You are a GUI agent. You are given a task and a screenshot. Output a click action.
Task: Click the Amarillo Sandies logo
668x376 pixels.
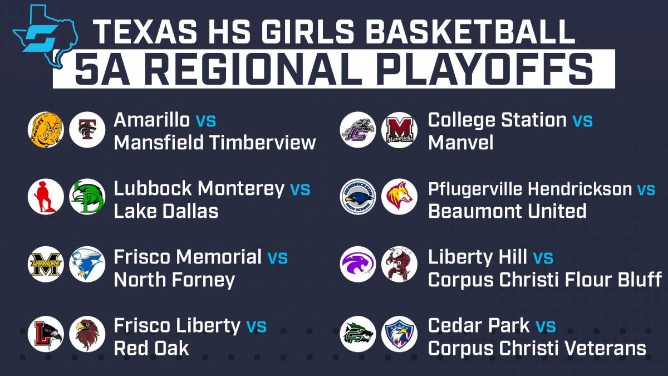(x=46, y=130)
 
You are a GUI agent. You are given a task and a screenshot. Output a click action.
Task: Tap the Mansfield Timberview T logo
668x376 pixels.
(x=87, y=130)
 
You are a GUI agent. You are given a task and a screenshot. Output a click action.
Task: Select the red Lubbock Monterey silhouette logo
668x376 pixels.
(x=46, y=197)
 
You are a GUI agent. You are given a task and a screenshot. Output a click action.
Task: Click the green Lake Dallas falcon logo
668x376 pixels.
(x=87, y=197)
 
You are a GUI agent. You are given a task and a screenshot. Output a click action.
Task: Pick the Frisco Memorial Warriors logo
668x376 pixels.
(x=46, y=264)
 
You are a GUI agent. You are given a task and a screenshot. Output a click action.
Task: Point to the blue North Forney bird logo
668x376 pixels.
(x=87, y=264)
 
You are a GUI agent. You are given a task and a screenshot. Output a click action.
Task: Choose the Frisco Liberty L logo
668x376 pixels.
(x=46, y=334)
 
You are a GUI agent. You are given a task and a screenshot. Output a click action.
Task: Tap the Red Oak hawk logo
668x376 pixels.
(x=87, y=334)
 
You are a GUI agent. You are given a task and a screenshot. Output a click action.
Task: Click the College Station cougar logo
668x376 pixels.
(x=358, y=130)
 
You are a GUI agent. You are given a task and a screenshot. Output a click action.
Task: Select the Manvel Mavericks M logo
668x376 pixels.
(x=399, y=130)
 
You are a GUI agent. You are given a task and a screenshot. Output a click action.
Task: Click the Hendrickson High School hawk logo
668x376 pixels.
(x=358, y=197)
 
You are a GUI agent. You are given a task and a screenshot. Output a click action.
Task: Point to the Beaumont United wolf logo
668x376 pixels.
(x=399, y=197)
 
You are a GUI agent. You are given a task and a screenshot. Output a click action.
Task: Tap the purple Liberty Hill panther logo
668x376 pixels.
(x=358, y=264)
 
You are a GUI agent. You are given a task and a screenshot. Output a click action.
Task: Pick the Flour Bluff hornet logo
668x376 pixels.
(x=399, y=264)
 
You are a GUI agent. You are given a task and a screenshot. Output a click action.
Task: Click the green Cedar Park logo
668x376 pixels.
(x=358, y=334)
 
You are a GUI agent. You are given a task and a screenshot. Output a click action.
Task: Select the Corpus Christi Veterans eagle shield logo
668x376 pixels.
(x=399, y=334)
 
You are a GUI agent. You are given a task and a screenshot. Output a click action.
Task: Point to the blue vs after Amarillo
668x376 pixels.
(x=206, y=121)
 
